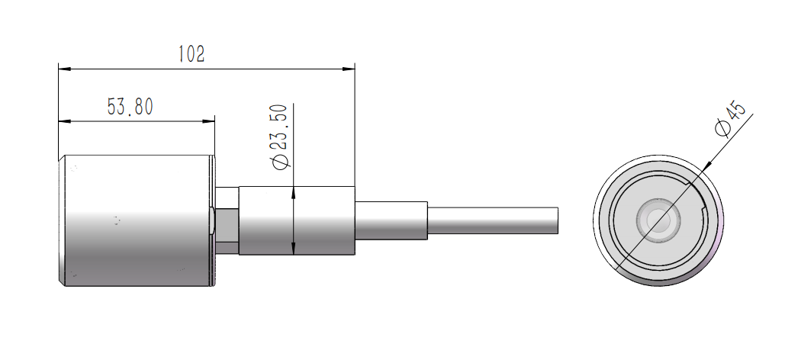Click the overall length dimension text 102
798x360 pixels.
point(191,54)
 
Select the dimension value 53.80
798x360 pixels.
point(130,107)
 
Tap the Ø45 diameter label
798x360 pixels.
point(730,118)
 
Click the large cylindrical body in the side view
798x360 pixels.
point(135,221)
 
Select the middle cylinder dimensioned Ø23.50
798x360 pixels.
point(298,221)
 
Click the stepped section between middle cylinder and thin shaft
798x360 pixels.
point(391,220)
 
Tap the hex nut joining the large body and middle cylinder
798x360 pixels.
point(227,221)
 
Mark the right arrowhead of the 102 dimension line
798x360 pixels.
point(350,69)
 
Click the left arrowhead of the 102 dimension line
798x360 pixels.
point(64,69)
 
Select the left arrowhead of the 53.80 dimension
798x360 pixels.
point(64,121)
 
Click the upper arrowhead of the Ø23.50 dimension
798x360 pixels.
point(294,193)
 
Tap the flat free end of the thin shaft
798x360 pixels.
point(559,220)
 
